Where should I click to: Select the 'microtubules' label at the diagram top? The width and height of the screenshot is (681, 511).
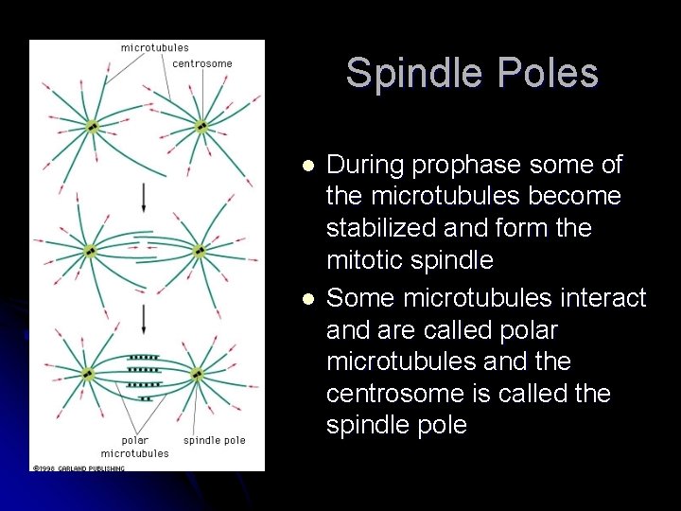154,47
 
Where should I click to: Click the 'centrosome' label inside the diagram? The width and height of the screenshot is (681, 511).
202,64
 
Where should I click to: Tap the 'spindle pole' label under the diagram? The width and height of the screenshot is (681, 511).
214,440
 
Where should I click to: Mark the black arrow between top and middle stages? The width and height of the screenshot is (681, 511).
144,197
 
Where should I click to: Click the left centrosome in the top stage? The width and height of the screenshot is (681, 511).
93,126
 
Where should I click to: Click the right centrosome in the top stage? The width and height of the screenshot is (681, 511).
201,126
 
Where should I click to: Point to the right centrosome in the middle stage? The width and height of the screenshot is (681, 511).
200,251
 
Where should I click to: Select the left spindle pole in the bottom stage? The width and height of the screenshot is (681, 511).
88,374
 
